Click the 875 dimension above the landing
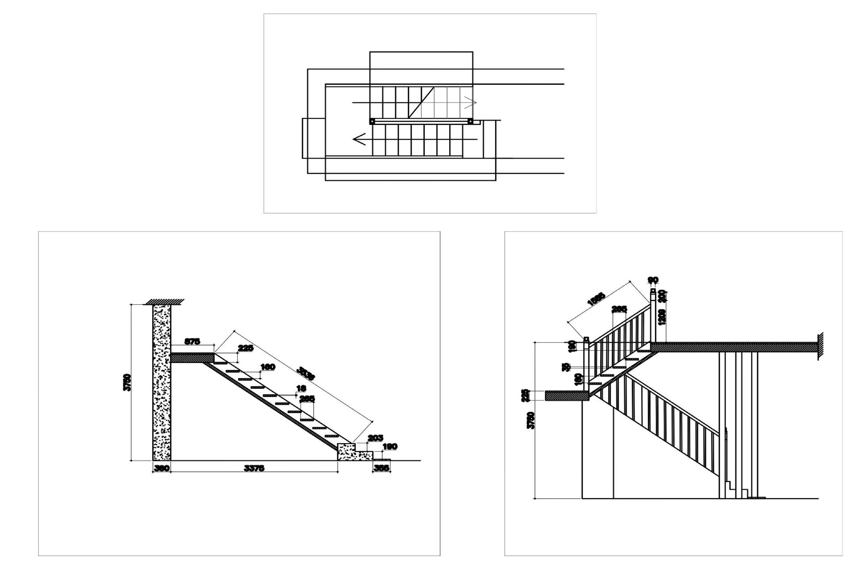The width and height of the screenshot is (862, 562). (192, 342)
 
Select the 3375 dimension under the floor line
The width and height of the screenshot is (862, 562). (254, 468)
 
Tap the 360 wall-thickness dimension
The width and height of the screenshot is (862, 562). (161, 468)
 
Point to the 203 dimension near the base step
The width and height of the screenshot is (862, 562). (375, 438)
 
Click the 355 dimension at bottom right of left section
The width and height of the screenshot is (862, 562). (381, 468)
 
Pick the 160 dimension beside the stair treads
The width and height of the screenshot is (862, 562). (267, 367)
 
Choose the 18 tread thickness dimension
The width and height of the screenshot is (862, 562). (301, 388)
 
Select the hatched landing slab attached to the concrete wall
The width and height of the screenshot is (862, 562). (192, 358)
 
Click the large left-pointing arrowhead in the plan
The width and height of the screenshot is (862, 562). (359, 139)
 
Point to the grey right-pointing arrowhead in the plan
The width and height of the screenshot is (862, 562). (470, 102)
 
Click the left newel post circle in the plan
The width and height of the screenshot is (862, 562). (372, 121)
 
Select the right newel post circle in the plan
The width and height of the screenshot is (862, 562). (470, 121)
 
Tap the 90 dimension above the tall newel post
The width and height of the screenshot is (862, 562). (653, 280)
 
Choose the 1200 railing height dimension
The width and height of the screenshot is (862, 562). (662, 317)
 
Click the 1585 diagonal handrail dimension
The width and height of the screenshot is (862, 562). (596, 299)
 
